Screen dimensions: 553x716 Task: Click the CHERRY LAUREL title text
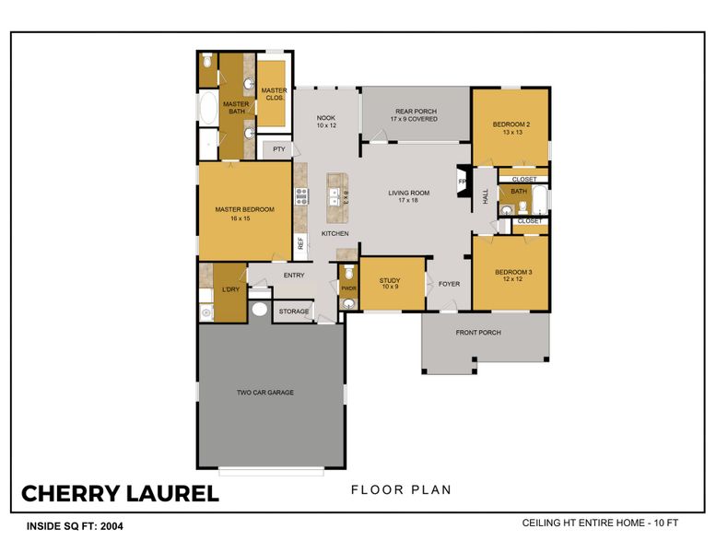click(120, 493)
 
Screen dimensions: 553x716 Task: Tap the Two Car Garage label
click(265, 393)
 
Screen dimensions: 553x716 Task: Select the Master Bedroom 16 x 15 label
click(244, 214)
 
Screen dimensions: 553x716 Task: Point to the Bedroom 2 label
click(511, 128)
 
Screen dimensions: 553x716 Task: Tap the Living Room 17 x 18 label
click(408, 196)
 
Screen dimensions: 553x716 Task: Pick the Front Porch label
click(478, 333)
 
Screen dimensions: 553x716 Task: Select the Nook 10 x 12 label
click(326, 122)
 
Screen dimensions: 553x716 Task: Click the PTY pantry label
click(278, 149)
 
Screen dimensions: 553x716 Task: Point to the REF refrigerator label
click(300, 243)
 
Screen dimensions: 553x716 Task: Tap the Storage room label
click(294, 312)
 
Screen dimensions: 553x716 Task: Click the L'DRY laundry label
click(229, 290)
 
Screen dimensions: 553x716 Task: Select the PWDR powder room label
click(348, 288)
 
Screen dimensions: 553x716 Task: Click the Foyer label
click(449, 284)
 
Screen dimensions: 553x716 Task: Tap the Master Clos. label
click(274, 93)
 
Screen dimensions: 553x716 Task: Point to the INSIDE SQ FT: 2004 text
click(73, 527)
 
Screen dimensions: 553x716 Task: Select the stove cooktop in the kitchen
click(300, 195)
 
